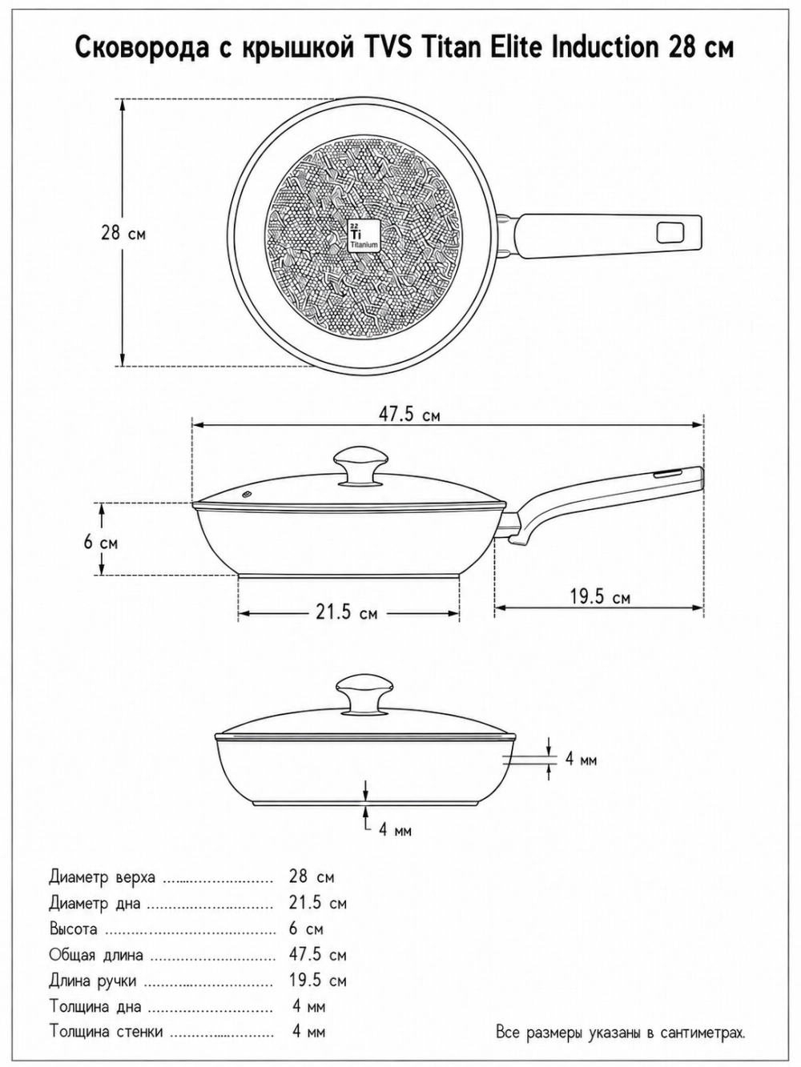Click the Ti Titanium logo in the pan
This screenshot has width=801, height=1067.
tap(364, 235)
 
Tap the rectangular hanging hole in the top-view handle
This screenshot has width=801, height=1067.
tap(670, 232)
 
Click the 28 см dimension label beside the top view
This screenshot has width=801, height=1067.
tap(123, 233)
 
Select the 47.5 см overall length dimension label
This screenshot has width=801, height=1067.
tap(409, 415)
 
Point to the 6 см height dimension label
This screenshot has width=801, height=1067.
tap(101, 542)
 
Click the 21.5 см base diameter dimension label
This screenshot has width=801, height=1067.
tap(346, 613)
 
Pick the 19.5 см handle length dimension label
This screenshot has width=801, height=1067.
tap(600, 596)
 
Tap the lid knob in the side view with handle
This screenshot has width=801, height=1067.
tap(361, 466)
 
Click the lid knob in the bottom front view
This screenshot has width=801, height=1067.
tap(364, 693)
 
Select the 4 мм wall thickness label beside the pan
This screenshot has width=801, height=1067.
tap(581, 760)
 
